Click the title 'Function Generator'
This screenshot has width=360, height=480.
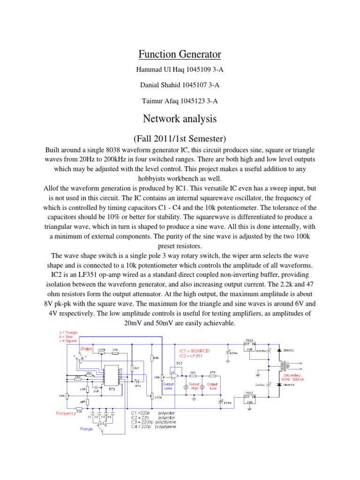(x=180, y=54)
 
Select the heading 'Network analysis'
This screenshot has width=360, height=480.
(x=180, y=119)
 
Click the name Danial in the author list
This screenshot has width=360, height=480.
(x=152, y=85)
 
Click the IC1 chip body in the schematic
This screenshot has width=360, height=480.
(x=112, y=375)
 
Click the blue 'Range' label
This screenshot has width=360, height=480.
(x=87, y=428)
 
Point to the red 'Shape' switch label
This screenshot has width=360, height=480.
(x=86, y=349)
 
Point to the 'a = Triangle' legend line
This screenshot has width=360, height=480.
(x=65, y=332)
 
